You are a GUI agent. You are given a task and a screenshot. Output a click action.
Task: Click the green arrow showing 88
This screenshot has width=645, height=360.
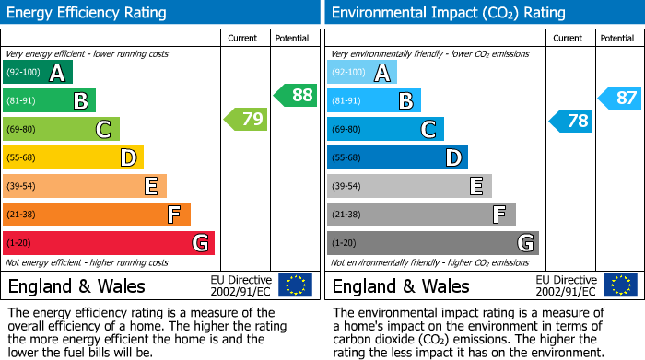(295, 95)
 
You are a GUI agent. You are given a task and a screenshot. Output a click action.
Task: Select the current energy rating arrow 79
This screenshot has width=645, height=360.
(246, 119)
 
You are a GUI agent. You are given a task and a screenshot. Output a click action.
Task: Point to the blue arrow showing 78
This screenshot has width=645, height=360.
(571, 121)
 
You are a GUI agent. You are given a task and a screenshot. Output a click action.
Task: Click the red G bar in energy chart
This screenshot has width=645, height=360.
(109, 243)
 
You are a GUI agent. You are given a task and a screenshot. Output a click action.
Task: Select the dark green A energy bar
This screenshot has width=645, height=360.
(38, 73)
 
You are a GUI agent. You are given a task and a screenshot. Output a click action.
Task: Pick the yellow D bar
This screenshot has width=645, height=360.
(74, 157)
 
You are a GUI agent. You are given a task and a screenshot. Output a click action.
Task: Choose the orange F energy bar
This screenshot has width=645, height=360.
(97, 215)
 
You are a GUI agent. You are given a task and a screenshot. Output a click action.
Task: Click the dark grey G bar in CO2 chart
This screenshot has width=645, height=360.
(432, 243)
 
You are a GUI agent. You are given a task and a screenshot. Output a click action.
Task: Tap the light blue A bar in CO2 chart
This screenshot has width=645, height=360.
(362, 73)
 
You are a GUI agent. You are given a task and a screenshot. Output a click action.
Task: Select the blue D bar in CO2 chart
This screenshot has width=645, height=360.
(397, 157)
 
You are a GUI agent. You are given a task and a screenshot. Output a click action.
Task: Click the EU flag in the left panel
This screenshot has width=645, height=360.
(295, 285)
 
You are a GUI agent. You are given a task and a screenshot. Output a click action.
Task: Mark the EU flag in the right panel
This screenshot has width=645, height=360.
(619, 285)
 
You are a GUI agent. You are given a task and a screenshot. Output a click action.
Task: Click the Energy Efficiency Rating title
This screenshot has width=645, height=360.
(88, 13)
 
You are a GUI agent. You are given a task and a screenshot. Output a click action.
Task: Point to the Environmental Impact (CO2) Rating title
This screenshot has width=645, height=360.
(448, 13)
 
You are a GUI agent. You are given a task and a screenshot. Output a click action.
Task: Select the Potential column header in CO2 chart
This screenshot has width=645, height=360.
(616, 38)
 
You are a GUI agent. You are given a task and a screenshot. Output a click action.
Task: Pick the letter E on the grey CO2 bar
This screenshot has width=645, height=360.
(475, 186)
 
